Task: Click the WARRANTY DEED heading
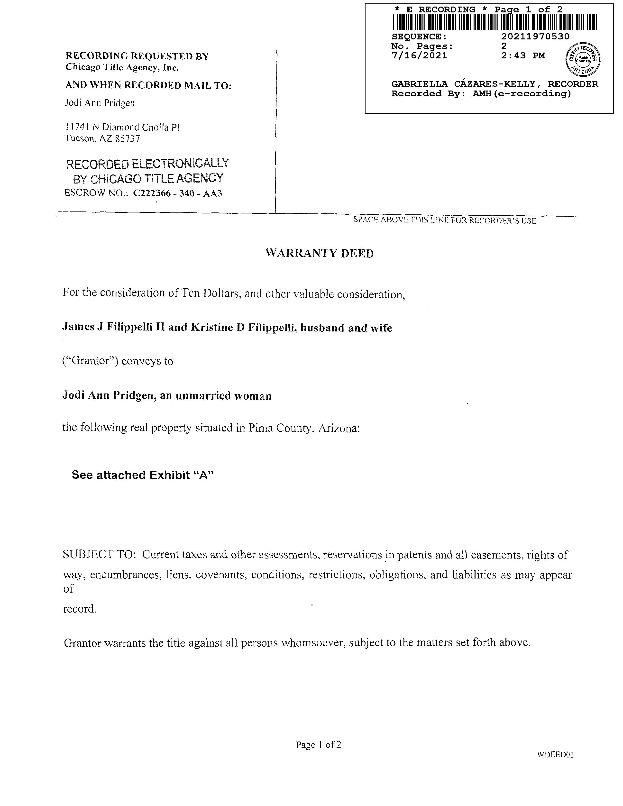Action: [x=319, y=253]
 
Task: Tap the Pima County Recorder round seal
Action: [x=583, y=59]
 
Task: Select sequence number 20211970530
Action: [x=535, y=37]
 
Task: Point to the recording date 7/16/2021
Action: [x=419, y=56]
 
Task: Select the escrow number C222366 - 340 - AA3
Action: [x=177, y=193]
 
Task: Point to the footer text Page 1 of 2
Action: [x=318, y=745]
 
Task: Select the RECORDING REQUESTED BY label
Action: [x=137, y=56]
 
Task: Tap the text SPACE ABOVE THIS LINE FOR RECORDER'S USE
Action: [x=444, y=220]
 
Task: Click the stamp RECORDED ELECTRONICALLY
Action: [x=147, y=164]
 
